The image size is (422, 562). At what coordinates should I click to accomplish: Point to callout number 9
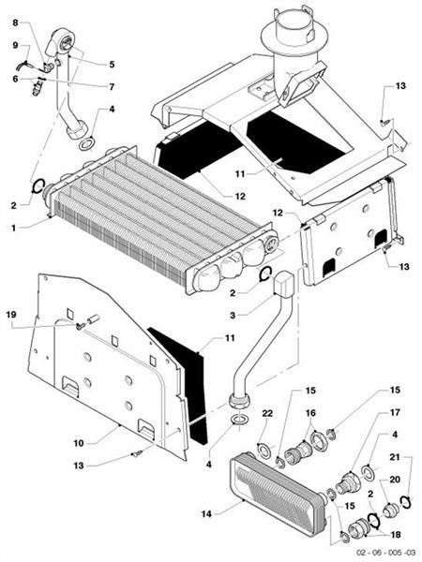(15, 45)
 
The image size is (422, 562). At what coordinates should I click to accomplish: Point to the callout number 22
(266, 414)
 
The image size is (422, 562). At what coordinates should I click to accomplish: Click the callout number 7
(112, 86)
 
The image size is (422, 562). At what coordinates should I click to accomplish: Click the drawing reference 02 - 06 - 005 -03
(370, 553)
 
